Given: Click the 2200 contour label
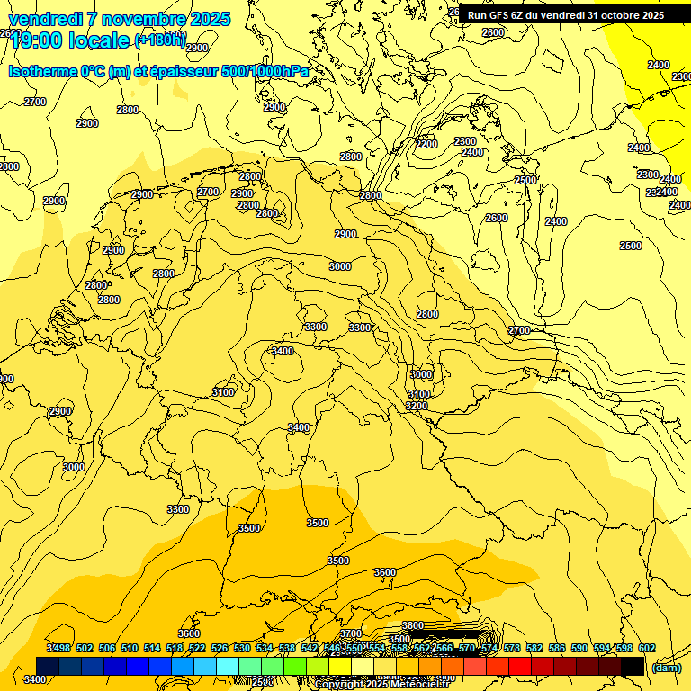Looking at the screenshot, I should click(426, 144).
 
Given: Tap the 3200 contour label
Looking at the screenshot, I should click(416, 406).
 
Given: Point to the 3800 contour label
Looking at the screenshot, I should click(412, 625).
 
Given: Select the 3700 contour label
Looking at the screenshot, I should click(350, 633).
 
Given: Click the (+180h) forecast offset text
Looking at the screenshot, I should click(160, 40).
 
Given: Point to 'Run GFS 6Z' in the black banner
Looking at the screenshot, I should click(493, 15).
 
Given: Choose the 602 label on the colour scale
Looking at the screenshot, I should click(646, 648).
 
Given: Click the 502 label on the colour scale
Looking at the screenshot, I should click(85, 648).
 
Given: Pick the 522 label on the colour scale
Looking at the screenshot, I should click(197, 648).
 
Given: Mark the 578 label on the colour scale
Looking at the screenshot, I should click(511, 648).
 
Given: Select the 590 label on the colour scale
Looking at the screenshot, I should click(579, 648).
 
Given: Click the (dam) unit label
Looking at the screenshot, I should click(666, 667).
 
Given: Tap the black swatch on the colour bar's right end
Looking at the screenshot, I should click(633, 666).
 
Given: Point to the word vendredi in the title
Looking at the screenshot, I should click(44, 19).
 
